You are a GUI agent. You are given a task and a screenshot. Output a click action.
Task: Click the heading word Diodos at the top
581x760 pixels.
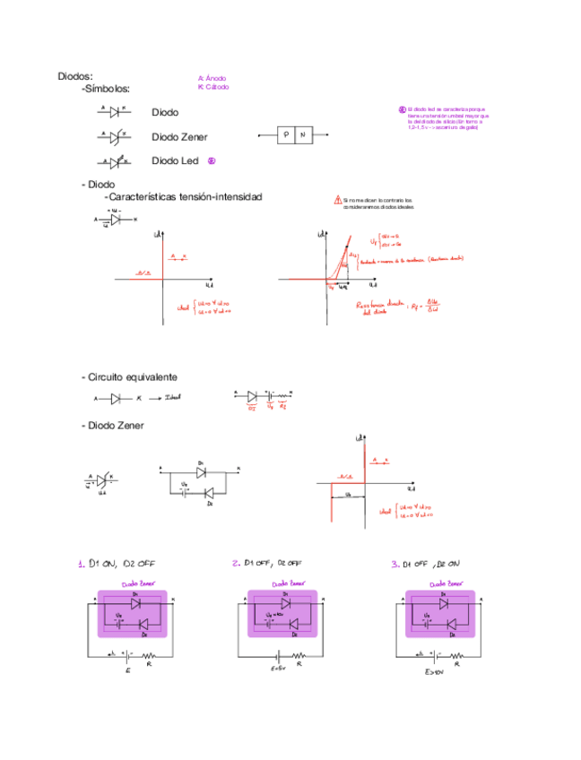coord(75,77)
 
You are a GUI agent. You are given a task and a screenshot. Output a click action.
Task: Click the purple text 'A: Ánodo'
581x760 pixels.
coord(212,79)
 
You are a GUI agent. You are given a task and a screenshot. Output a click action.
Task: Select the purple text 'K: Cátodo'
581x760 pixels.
coord(213,88)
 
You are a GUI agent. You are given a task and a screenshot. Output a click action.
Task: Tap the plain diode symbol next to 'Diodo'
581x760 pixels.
coord(114,112)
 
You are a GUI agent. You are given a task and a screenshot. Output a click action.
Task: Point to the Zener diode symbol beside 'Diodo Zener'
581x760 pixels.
coord(114,137)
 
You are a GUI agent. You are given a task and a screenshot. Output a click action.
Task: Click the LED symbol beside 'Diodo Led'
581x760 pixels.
coord(114,162)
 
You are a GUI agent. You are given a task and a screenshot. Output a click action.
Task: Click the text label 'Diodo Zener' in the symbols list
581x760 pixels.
coord(179,137)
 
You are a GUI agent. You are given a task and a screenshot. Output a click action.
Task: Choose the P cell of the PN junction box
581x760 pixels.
coord(285,135)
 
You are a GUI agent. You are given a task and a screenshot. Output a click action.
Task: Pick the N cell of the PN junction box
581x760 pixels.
coord(304,135)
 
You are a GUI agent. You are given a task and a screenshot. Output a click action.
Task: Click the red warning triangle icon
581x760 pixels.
coord(337,200)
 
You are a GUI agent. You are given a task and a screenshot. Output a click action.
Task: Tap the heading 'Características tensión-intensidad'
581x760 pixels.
coord(183,196)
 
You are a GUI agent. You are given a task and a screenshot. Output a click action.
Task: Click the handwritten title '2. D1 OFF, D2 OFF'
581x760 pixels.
coord(267,564)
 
